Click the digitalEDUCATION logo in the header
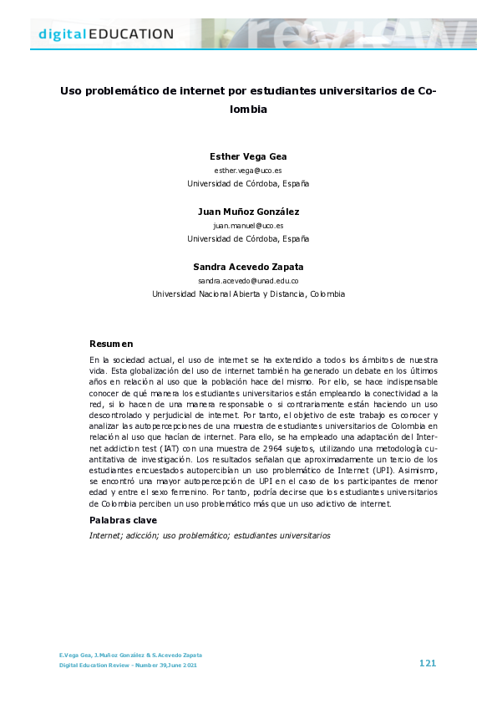coord(106,34)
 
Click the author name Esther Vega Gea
coord(248,156)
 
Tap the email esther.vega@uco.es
coord(248,170)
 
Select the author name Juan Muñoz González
coord(248,212)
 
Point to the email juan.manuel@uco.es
coord(248,225)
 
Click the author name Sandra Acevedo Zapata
coord(248,267)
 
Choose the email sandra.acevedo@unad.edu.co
coord(248,281)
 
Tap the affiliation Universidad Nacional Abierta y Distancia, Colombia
coord(248,294)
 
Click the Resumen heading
coord(111,344)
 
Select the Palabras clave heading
coord(123,520)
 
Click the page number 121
coord(427,663)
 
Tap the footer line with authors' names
coord(129,655)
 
